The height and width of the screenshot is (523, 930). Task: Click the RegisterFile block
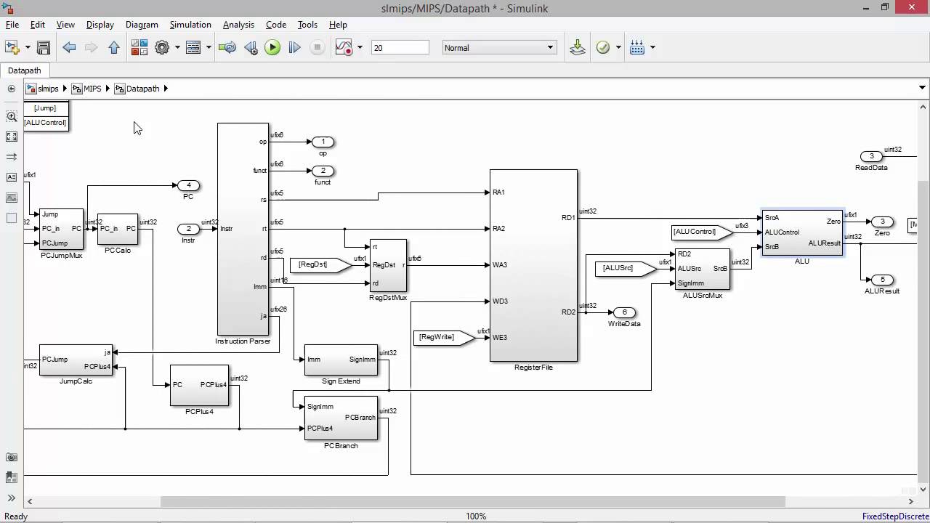[x=533, y=265]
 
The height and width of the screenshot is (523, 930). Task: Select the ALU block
[x=802, y=232]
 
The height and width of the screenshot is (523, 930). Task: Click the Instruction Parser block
[x=243, y=229]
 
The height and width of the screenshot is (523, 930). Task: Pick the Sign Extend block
[x=341, y=360]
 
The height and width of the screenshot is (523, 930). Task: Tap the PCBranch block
[x=341, y=418]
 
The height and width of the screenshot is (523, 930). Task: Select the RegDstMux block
[x=388, y=265]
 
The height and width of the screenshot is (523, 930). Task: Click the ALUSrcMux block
[x=702, y=269]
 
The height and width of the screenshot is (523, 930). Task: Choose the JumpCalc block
[x=76, y=360]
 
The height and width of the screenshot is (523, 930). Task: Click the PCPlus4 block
[x=199, y=385]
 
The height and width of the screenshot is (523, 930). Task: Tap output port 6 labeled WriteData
[x=623, y=312]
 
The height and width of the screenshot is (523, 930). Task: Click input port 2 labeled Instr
[x=188, y=229]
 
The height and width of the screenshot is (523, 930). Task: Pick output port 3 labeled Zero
[x=882, y=222]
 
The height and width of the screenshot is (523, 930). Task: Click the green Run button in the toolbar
[x=272, y=48]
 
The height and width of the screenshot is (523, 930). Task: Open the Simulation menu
[x=190, y=25]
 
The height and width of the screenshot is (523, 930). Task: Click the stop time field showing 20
[x=400, y=48]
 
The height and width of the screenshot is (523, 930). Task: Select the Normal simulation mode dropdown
[x=499, y=48]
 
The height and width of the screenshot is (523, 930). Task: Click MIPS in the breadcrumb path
[x=92, y=89]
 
